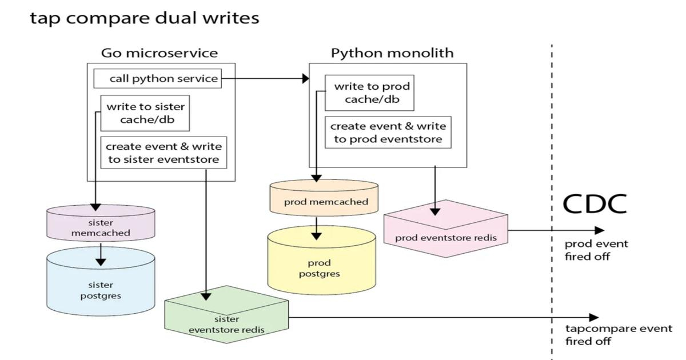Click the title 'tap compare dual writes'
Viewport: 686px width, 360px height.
[x=144, y=18]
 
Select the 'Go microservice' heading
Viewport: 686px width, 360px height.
[x=159, y=53]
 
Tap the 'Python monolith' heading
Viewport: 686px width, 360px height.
[x=392, y=53]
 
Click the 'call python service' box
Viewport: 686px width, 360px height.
[x=163, y=78]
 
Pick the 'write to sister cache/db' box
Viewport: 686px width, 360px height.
[x=145, y=113]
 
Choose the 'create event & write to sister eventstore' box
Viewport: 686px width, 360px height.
[x=163, y=153]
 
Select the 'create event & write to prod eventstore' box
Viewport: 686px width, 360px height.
[x=388, y=133]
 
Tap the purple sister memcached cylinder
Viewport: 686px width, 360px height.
[x=101, y=227]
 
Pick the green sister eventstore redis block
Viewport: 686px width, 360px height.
[x=226, y=324]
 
